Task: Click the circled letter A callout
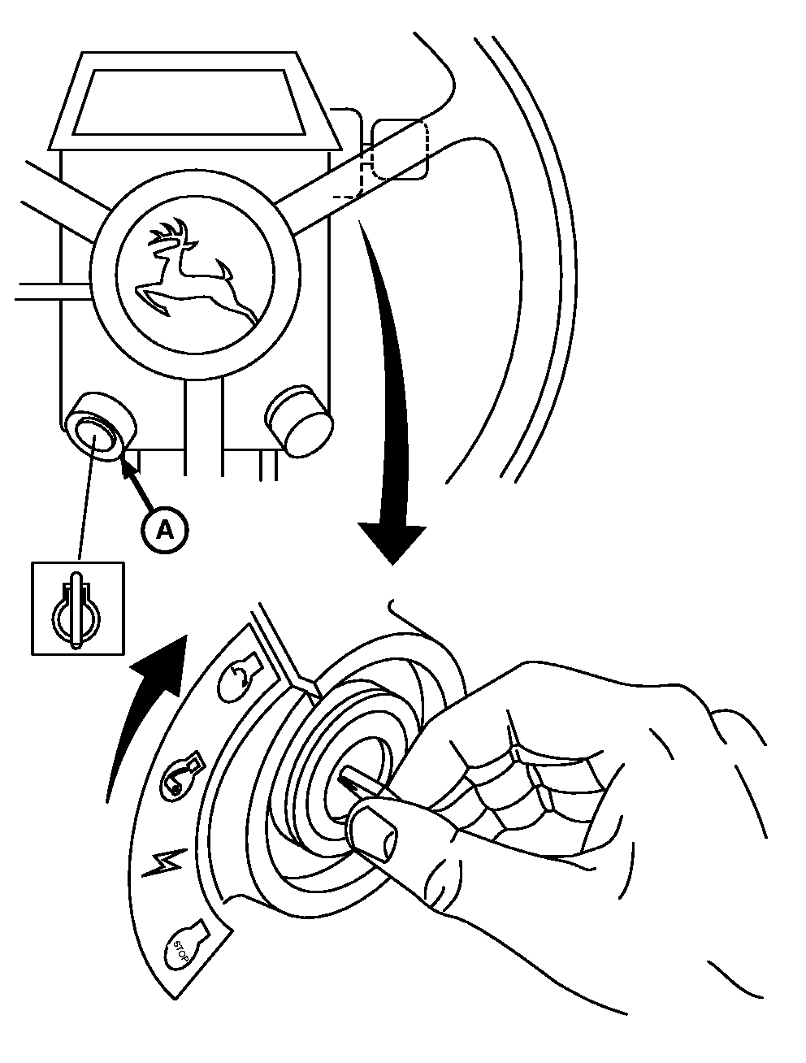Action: coord(164,529)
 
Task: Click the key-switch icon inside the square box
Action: coord(77,608)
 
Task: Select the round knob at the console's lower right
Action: coord(300,418)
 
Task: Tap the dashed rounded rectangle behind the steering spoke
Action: coord(398,149)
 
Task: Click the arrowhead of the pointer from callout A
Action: coord(125,465)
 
